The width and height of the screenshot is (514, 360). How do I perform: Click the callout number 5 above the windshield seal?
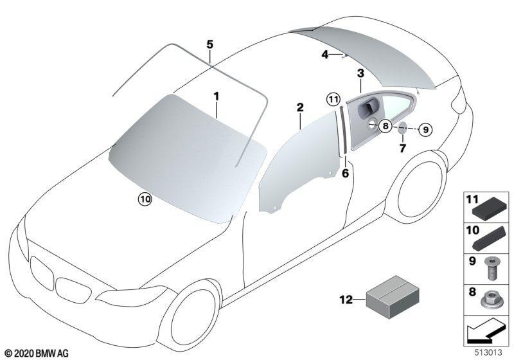tap(210, 44)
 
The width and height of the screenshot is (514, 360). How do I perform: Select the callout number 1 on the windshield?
tap(216, 96)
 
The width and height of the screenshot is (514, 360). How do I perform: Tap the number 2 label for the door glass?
tap(300, 107)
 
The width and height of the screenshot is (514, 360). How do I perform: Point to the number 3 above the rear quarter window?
tap(360, 73)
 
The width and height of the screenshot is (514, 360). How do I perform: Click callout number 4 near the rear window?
tap(325, 55)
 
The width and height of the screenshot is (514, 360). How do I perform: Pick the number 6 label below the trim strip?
tap(346, 173)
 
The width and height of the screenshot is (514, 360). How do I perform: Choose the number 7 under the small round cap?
tap(403, 148)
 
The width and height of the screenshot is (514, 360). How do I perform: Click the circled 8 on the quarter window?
tap(385, 126)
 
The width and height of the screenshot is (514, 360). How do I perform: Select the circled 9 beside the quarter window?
tap(425, 130)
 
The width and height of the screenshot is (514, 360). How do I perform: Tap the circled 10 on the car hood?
tap(145, 199)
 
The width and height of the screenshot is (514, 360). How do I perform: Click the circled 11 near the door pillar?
tap(333, 99)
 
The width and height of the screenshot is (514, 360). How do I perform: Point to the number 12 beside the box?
tap(346, 300)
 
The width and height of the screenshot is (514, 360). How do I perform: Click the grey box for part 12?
tap(393, 297)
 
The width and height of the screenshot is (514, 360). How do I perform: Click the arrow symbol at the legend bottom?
tap(485, 332)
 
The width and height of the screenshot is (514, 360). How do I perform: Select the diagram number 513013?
tap(488, 352)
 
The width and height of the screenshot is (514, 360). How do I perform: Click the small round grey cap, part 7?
tap(403, 127)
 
